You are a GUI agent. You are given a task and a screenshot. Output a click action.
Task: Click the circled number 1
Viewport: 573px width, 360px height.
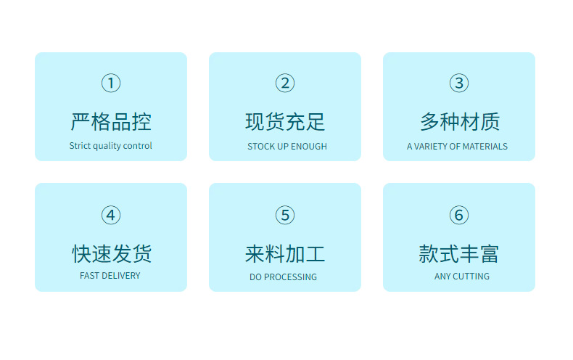[111, 83]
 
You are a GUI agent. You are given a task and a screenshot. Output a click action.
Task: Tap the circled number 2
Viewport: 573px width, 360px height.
[285, 83]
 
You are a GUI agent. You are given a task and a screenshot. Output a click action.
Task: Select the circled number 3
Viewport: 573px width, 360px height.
[458, 83]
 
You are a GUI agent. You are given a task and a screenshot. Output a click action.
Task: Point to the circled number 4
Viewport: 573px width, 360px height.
[111, 215]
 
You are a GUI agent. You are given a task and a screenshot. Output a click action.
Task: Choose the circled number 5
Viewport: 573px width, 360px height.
[285, 215]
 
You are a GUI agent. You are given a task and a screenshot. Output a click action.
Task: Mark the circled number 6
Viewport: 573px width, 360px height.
[458, 215]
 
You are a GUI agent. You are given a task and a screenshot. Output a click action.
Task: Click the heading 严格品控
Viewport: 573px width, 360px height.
[111, 121]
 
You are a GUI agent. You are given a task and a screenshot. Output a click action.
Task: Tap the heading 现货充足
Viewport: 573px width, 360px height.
[285, 121]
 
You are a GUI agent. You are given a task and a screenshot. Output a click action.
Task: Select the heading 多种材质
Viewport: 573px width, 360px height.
[459, 121]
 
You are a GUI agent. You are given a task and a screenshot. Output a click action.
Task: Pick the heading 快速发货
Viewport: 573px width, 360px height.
[111, 253]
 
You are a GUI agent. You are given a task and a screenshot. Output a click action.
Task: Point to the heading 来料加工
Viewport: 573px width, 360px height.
[285, 253]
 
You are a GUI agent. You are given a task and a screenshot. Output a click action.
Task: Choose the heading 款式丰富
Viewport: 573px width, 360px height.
[459, 253]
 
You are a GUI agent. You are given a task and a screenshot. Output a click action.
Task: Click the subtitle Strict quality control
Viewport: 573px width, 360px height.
[111, 146]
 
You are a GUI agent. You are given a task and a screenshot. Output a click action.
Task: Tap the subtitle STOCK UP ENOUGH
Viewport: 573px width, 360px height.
[287, 147]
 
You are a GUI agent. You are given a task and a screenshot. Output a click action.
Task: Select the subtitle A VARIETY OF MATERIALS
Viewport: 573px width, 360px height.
[457, 147]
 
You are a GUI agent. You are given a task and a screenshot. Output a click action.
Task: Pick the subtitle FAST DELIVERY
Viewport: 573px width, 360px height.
[110, 276]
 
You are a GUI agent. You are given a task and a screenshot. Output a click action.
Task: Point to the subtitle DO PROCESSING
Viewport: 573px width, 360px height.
[283, 277]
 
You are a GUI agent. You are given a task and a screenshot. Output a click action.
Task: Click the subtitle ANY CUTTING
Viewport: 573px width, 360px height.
[462, 277]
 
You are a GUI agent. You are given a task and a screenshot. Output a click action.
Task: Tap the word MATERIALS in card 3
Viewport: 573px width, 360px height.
[485, 147]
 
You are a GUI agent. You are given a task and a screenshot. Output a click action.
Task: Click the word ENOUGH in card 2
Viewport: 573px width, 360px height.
[309, 147]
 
